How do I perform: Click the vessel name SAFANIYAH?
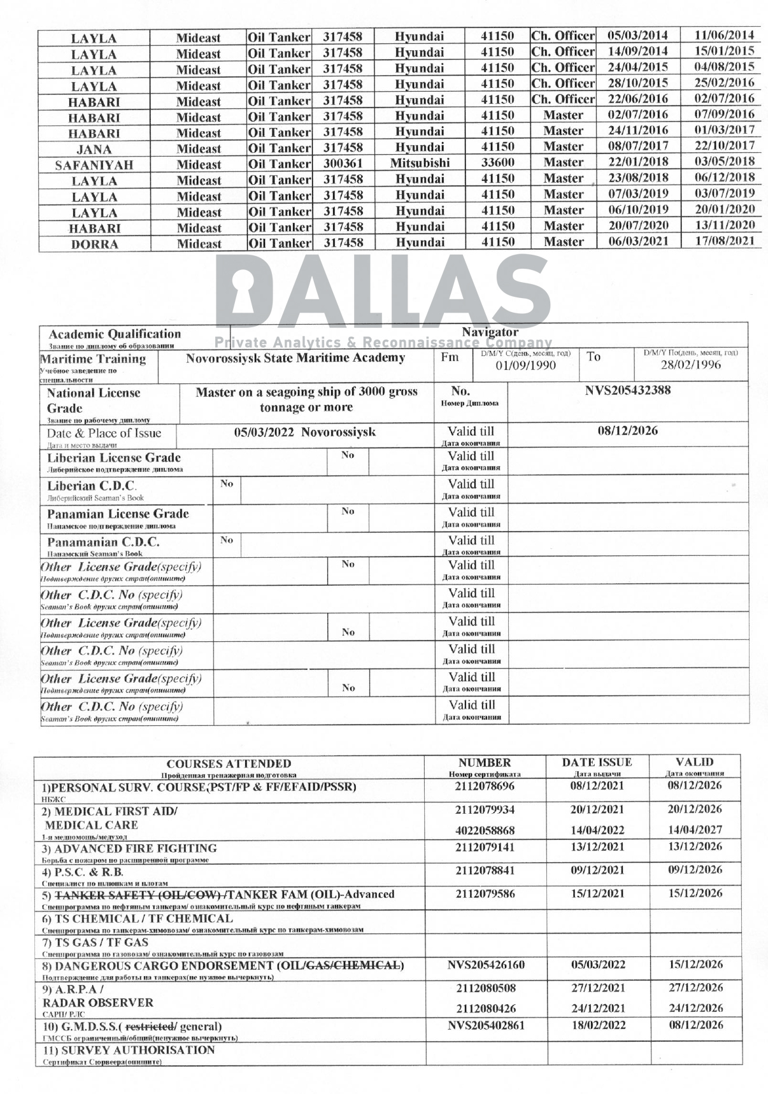tap(94, 165)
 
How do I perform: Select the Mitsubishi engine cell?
tap(420, 163)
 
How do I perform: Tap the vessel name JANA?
tap(94, 149)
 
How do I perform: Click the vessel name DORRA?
tap(94, 244)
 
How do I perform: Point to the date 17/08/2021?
tap(724, 241)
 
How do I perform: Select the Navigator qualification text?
tap(490, 332)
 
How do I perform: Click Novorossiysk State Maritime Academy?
tap(295, 358)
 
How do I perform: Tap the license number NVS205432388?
tap(627, 390)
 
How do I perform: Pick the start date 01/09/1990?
tap(525, 365)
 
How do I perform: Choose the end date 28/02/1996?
tap(690, 364)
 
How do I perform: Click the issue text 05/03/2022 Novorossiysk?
tap(304, 432)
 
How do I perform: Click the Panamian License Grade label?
tap(118, 514)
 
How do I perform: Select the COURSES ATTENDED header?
tap(229, 764)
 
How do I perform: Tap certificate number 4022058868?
tap(485, 830)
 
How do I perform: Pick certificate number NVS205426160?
tap(486, 965)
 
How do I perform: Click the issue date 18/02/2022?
tap(598, 1025)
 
